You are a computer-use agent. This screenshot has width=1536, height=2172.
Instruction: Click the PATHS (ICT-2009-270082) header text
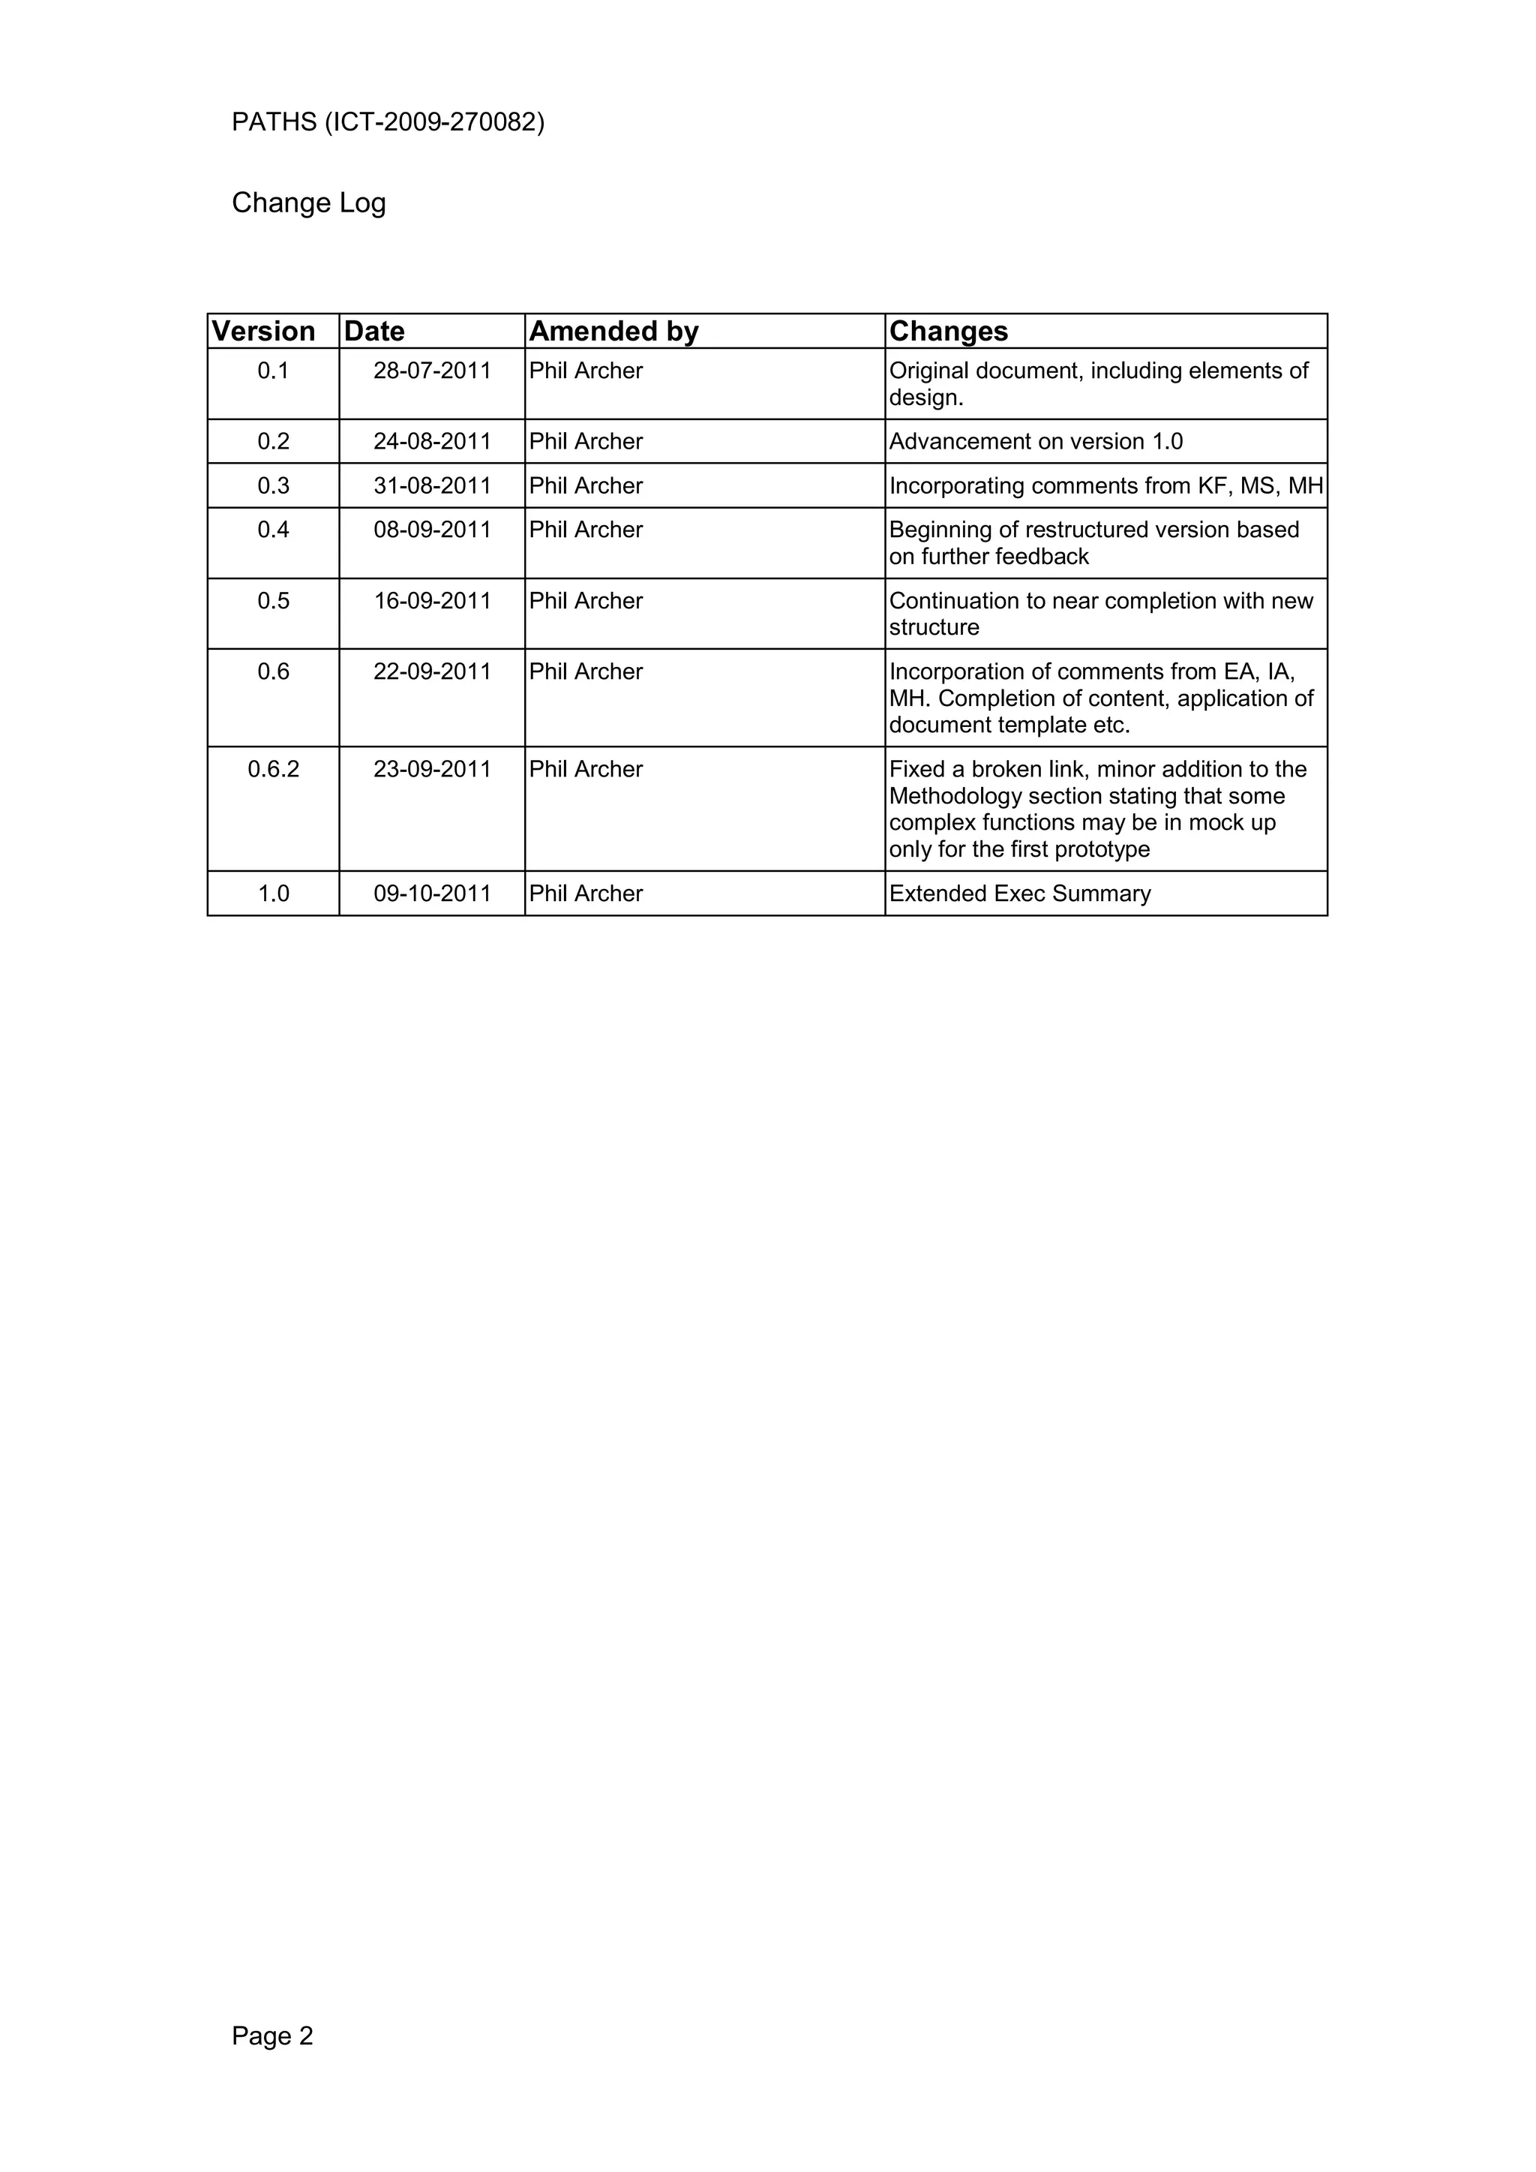coord(388,122)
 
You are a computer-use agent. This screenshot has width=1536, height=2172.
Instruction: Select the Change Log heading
coord(308,203)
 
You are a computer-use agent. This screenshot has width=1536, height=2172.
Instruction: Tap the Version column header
coord(263,331)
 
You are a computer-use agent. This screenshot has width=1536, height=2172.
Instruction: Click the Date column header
coord(373,331)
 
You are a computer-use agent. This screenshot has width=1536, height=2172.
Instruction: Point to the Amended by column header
coord(613,331)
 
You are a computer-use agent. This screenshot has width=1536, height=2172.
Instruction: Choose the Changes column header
coord(949,331)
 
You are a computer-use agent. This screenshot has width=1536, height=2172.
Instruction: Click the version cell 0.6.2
coord(273,769)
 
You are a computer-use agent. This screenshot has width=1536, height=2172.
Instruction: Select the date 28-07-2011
coord(432,371)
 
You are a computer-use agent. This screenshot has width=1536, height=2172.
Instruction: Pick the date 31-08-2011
coord(432,485)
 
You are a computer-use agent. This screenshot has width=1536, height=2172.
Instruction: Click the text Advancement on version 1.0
coord(1036,442)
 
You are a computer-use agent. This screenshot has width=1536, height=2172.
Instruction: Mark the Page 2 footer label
coord(272,2035)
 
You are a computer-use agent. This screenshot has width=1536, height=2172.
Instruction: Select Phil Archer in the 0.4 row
coord(586,530)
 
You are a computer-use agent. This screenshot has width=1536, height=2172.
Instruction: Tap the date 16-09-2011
coord(432,601)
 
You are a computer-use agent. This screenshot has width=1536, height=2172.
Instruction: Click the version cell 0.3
coord(273,485)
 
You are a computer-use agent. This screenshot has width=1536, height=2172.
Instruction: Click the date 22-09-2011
coord(432,671)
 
